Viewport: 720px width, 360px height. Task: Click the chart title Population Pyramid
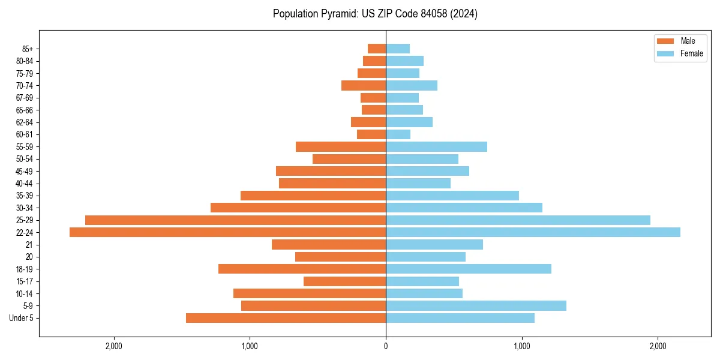[375, 14]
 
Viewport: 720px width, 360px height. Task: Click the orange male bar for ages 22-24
[227, 232]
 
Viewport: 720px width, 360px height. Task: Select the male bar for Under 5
[286, 318]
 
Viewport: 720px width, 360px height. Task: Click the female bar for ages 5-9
[476, 305]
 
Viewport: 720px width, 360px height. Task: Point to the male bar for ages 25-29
[235, 220]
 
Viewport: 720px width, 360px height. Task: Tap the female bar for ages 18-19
[469, 269]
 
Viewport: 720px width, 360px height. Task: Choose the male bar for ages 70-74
[364, 85]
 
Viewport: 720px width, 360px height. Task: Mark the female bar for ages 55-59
[436, 146]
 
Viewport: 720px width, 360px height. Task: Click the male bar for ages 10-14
[310, 293]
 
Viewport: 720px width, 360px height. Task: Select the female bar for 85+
[398, 49]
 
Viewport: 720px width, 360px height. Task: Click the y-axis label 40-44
[23, 184]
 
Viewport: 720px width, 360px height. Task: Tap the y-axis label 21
[29, 245]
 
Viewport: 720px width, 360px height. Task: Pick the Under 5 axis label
[21, 318]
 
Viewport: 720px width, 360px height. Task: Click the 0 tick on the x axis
[386, 346]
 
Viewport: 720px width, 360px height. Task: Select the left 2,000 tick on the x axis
[113, 346]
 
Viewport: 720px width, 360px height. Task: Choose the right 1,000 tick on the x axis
[522, 346]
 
